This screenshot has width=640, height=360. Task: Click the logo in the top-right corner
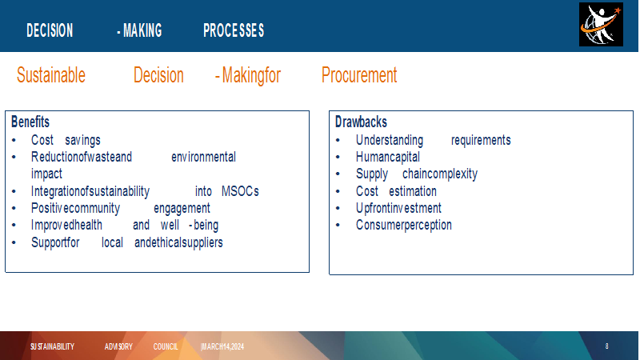coord(601,25)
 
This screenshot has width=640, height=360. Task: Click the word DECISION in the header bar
coord(50,30)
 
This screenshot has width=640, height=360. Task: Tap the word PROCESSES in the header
coord(234,30)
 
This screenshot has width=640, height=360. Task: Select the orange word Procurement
coord(359,75)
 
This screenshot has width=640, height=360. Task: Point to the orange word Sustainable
coord(51,75)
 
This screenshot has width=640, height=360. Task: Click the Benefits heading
coord(30,122)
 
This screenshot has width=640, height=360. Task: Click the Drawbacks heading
coord(361,122)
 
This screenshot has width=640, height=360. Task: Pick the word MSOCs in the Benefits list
coord(240,191)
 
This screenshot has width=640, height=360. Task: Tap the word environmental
coord(204,157)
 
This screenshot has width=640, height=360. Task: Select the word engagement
coord(182,209)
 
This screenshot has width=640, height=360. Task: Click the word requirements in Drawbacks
coord(481,141)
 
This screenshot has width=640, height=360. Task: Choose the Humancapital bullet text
coord(388,157)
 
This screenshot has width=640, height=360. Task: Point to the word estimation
coord(413,191)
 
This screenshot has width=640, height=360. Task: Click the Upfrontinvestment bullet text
coord(398,208)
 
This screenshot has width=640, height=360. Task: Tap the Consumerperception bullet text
coord(404,225)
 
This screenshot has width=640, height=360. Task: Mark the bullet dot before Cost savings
coord(14,141)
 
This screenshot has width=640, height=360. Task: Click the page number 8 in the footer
coord(606,346)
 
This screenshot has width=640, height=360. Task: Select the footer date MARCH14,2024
coord(222,346)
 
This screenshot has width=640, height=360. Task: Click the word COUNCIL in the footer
coord(166,346)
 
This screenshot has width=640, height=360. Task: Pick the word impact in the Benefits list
coord(46,174)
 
